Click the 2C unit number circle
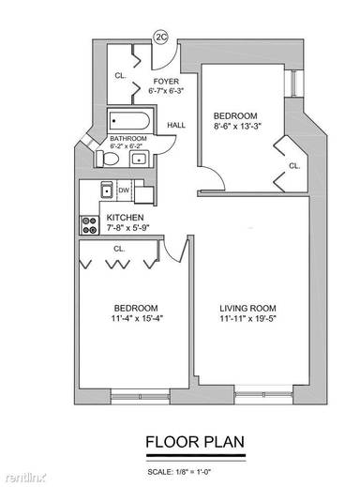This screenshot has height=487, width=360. pyautogui.click(x=160, y=38)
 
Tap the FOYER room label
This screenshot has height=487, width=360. pyautogui.click(x=166, y=82)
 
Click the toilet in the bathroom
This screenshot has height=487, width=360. pyautogui.click(x=108, y=159)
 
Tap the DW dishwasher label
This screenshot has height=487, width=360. pyautogui.click(x=122, y=190)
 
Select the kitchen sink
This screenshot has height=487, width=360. pyautogui.click(x=107, y=192)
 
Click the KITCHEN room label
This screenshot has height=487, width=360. pyautogui.click(x=125, y=216)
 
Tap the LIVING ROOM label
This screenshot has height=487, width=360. pyautogui.click(x=247, y=308)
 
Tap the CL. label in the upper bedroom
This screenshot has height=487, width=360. pyautogui.click(x=293, y=165)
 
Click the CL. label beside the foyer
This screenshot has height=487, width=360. pyautogui.click(x=120, y=75)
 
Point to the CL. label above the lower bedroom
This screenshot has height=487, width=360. pyautogui.click(x=119, y=249)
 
